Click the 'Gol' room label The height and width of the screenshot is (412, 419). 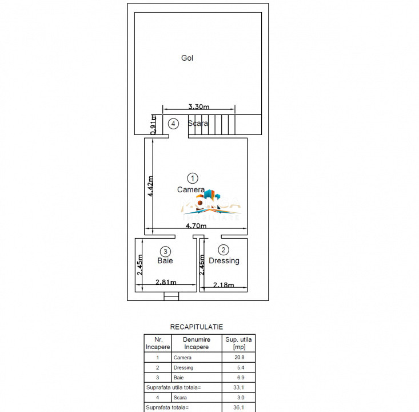point(187,58)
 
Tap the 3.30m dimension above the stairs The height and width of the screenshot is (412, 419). point(199,106)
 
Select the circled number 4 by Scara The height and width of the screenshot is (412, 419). point(173,124)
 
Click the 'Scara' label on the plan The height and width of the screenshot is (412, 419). point(198,123)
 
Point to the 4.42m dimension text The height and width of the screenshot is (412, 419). point(151,185)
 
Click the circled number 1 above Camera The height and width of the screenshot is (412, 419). point(193,178)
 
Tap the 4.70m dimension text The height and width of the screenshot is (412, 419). point(197,227)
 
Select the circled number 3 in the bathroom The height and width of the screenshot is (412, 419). point(165,251)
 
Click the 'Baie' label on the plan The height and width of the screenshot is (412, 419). point(165,261)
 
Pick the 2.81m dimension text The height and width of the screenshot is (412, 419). point(166,282)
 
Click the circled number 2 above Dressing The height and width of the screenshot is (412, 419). point(224,249)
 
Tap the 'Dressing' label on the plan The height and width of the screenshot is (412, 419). point(224,261)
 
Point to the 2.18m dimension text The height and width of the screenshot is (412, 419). point(224,284)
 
